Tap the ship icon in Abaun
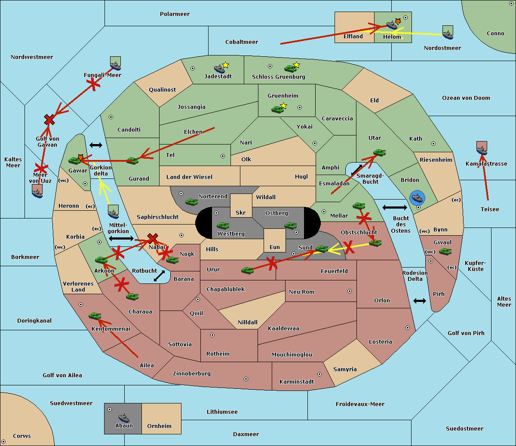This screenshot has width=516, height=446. [124, 418]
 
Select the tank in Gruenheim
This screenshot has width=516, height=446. [277, 109]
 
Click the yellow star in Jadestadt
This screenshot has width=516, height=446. [225, 65]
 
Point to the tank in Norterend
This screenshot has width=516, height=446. [191, 202]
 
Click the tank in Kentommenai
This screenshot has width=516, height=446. [95, 316]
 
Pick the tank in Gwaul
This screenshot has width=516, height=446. [445, 251]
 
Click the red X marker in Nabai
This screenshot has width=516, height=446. [152, 238]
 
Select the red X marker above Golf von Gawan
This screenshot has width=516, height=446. [49, 120]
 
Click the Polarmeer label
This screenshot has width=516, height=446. [175, 14]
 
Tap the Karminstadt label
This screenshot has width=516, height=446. [297, 381]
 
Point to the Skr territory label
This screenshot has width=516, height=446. [241, 212]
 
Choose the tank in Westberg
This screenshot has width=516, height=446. [223, 225]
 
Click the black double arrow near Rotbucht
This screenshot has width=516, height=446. [159, 276]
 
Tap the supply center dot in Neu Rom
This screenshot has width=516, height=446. [350, 291]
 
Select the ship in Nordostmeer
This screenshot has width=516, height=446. [448, 35]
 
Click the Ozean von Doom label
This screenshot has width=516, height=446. [466, 98]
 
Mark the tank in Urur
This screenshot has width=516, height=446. [247, 270]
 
